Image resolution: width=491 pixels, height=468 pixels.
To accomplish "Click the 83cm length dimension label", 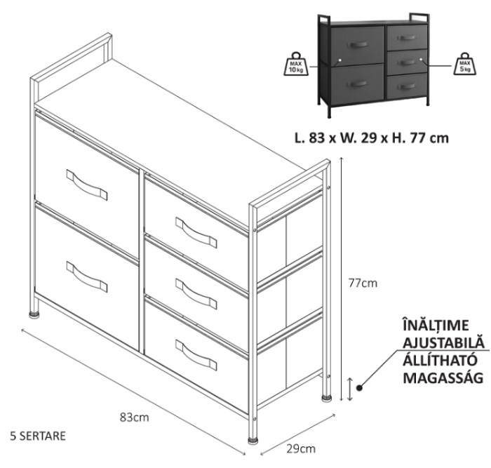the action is click(135, 417).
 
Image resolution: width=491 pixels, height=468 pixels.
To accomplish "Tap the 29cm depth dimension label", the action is click(301, 448).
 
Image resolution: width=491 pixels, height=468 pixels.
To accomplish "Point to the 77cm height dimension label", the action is click(363, 283).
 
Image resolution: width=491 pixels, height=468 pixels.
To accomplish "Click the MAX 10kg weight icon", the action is click(296, 64).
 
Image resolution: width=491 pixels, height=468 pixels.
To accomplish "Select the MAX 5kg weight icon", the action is click(465, 64).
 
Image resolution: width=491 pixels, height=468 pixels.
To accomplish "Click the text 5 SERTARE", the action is click(38, 436).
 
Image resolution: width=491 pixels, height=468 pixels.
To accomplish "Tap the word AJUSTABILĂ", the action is click(443, 342).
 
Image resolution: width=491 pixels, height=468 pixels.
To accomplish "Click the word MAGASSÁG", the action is click(443, 377).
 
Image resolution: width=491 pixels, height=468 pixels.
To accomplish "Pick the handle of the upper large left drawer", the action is click(87, 185).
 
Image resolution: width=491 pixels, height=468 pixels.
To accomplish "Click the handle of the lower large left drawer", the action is click(87, 277).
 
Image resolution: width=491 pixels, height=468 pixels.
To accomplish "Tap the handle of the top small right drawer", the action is click(196, 232).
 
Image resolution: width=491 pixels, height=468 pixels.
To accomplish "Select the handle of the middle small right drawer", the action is click(196, 294).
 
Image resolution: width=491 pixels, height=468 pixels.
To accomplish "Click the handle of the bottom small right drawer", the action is click(196, 355).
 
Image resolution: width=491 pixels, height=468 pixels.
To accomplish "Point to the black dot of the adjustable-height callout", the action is click(359, 388).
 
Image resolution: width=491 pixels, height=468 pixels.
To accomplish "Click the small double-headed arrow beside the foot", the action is click(350, 389).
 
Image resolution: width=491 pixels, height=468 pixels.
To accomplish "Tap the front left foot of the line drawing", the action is click(34, 314).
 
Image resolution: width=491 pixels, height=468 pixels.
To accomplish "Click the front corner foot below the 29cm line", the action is click(253, 441).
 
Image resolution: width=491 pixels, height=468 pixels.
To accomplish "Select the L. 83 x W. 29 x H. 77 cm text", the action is click(372, 138).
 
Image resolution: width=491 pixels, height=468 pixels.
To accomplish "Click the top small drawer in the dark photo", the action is click(407, 37).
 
